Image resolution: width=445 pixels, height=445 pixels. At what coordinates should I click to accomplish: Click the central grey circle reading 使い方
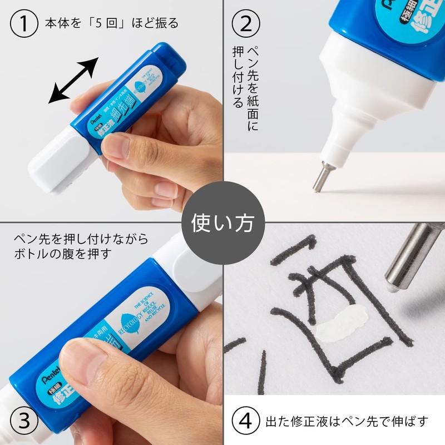pyautogui.click(x=222, y=222)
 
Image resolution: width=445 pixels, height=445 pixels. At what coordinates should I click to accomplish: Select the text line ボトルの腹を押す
pyautogui.click(x=61, y=254)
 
